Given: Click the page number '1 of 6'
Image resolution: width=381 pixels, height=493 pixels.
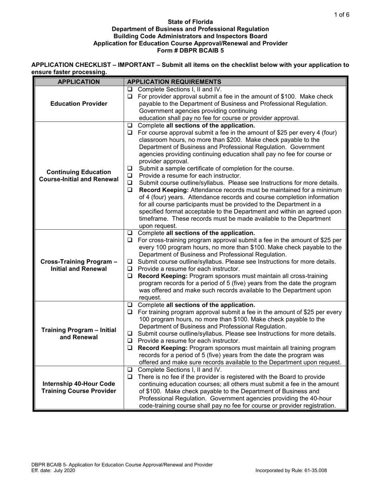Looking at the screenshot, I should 342,15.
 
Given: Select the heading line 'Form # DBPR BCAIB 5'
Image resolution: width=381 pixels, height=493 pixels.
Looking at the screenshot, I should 190,51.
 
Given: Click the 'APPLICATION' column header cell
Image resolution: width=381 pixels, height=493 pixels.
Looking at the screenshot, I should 79,82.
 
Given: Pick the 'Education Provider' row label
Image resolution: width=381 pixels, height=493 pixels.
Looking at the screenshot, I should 79,104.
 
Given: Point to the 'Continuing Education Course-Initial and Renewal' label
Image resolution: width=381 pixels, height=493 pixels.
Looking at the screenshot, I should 79,175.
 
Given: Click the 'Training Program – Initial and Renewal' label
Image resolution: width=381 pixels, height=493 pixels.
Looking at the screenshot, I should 79,333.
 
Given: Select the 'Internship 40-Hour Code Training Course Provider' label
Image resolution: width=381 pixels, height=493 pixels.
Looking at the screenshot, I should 79,387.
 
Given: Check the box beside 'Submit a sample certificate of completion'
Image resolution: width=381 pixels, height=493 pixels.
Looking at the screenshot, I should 130,168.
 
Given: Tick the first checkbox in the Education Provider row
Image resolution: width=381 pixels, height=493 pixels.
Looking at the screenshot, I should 130,89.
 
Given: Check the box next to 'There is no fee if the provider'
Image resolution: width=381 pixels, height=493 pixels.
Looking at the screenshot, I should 130,377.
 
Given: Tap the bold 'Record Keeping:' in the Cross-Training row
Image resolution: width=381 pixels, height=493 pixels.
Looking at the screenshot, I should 162,276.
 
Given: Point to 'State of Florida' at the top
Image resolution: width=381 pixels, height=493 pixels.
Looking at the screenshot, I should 190,22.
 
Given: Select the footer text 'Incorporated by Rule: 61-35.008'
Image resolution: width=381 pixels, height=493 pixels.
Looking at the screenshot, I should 302,471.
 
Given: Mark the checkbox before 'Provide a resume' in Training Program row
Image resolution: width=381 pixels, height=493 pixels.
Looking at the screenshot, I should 130,341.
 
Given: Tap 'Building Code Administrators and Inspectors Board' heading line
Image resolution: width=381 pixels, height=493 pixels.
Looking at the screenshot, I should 190,36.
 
